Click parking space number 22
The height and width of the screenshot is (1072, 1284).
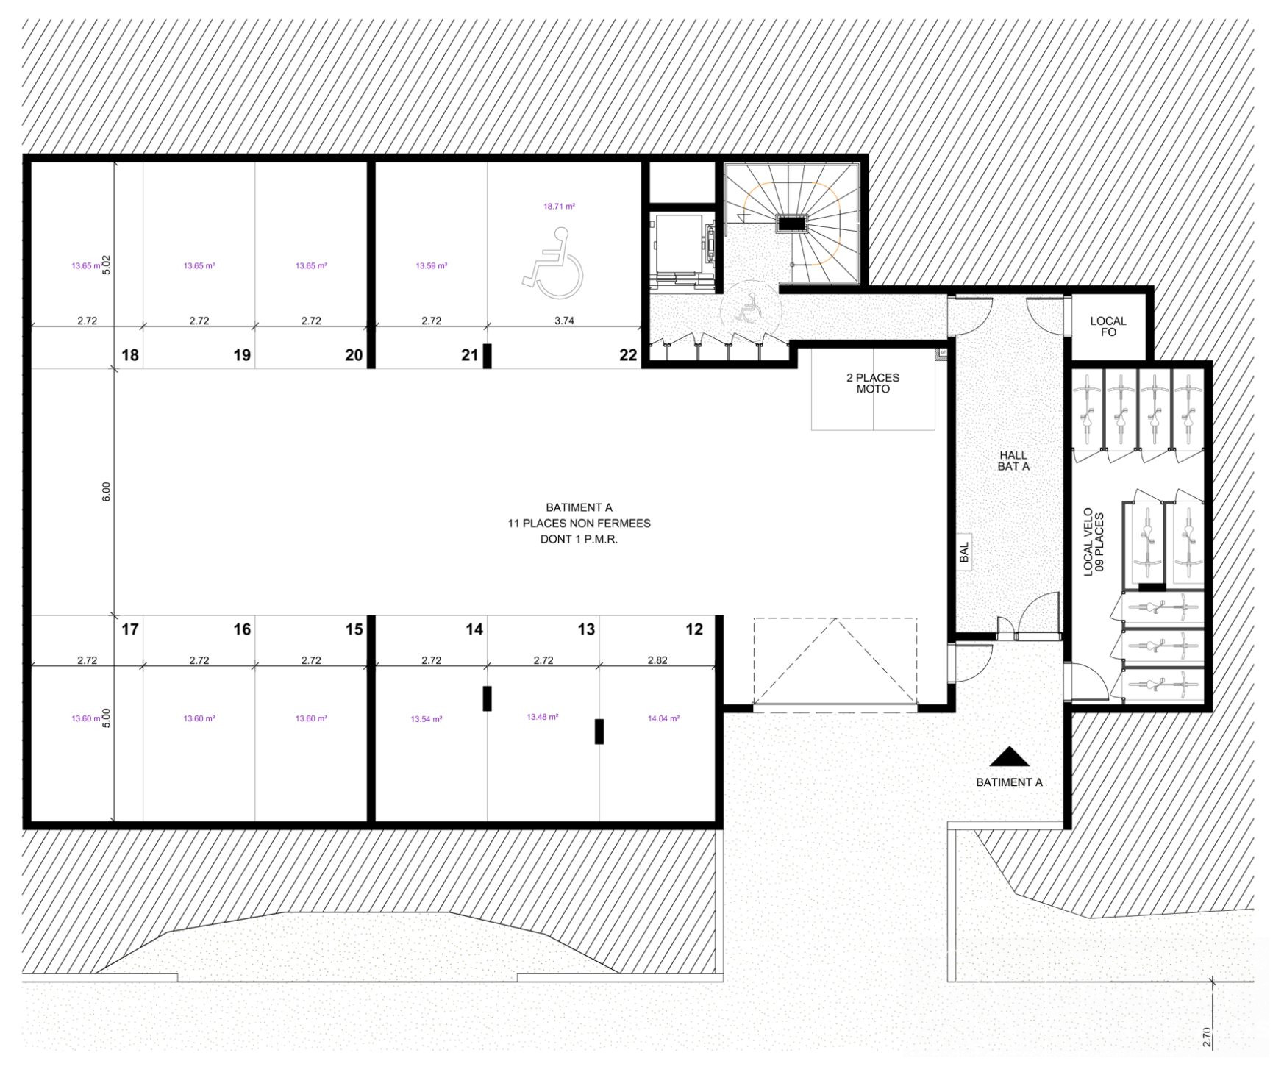point(628,355)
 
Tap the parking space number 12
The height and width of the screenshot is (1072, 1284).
point(693,629)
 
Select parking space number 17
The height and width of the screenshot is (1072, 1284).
point(130,629)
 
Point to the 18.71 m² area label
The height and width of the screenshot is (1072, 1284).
point(559,207)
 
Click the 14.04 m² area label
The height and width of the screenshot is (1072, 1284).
point(663,718)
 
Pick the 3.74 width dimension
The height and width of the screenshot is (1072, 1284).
point(564,321)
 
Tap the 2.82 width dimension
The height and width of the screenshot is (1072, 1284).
point(657,660)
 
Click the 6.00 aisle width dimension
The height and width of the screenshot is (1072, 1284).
point(106,491)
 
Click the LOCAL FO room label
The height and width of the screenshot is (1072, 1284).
point(1108,326)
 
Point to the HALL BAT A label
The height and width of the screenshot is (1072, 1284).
point(1013,461)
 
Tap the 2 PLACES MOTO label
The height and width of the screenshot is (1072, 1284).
point(873,383)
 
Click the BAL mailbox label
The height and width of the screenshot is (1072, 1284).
point(965,553)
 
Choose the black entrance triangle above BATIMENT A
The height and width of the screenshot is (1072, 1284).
point(1010,757)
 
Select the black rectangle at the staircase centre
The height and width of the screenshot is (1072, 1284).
point(792,224)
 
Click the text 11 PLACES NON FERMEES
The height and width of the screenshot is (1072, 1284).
point(579,524)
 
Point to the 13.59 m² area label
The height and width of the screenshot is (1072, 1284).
point(432,265)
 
